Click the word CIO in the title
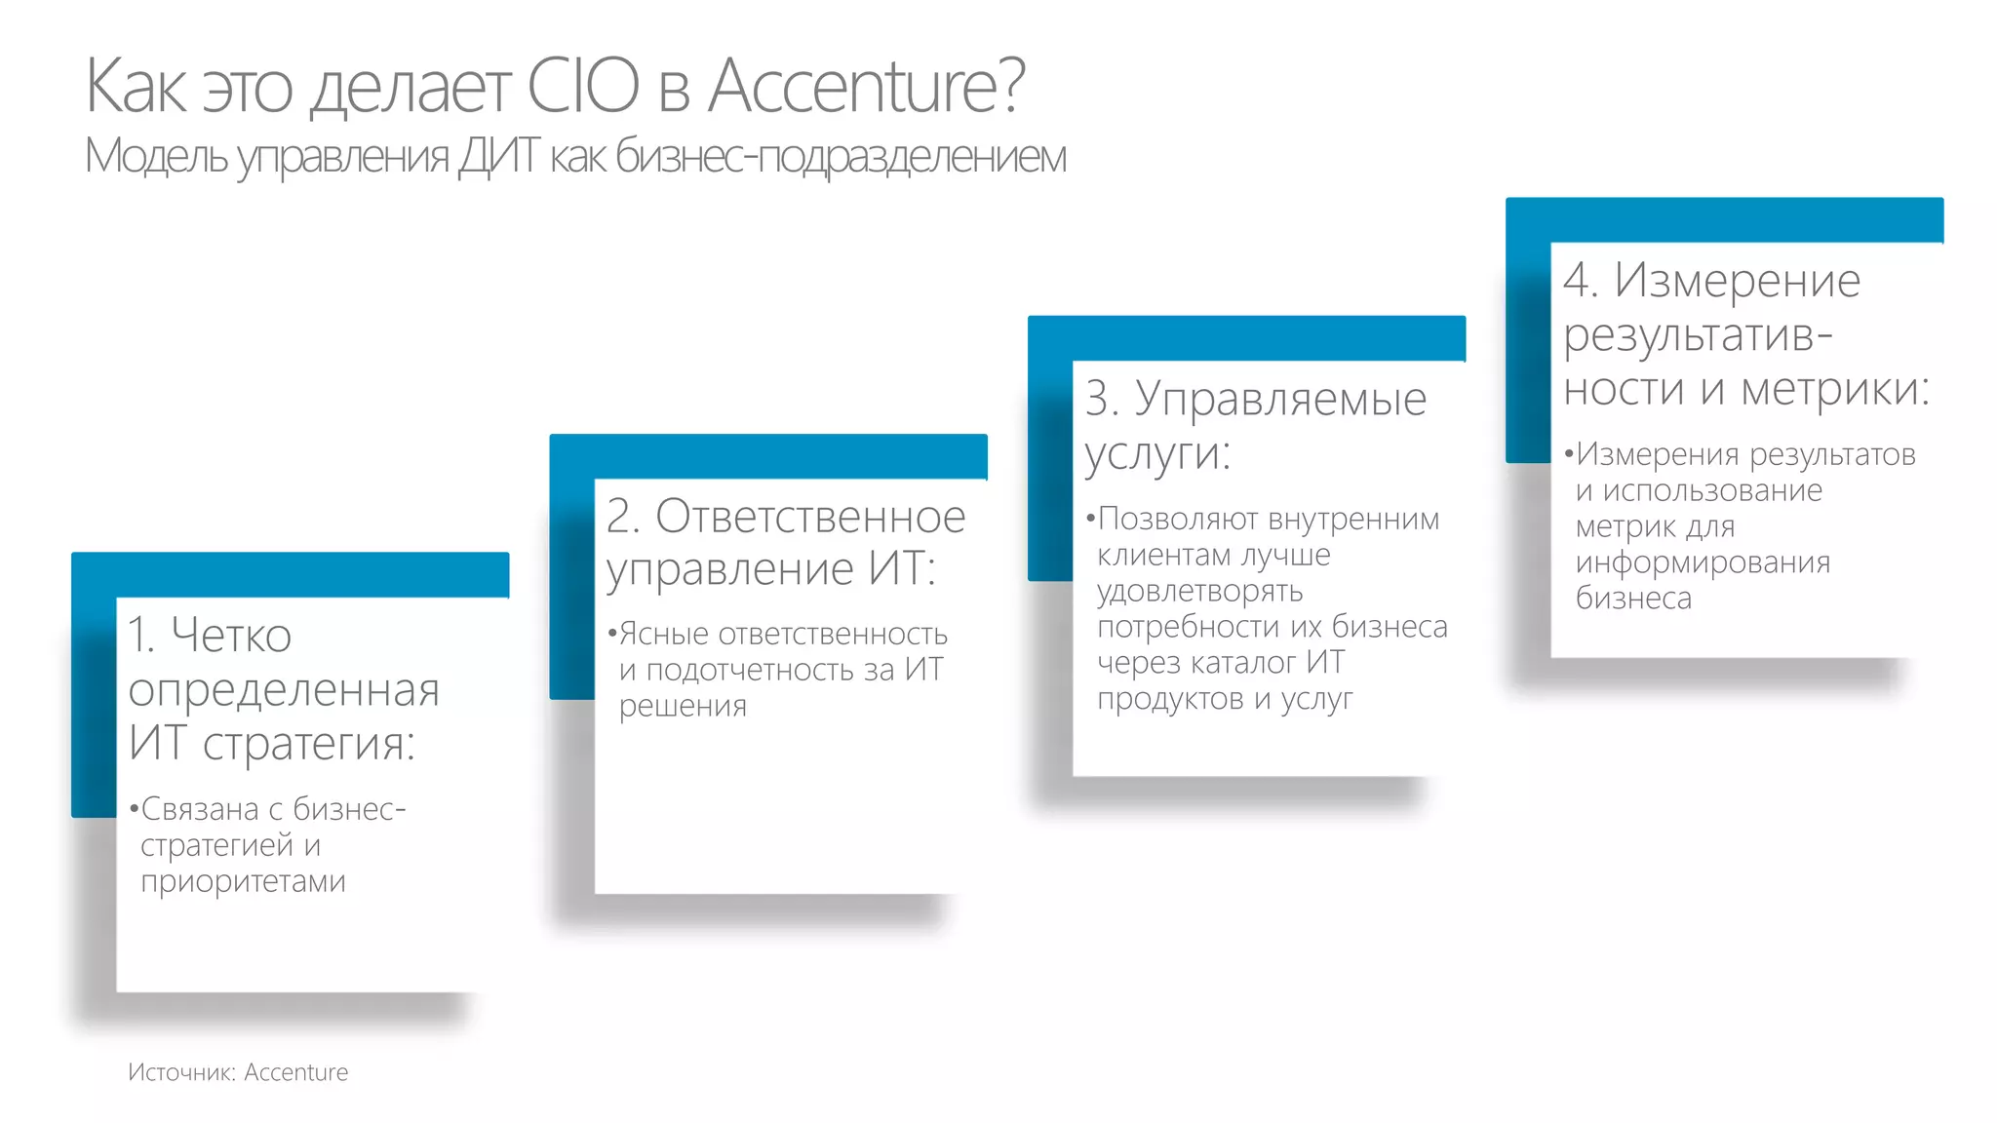click(582, 86)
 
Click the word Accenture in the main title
click(866, 86)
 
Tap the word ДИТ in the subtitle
click(497, 156)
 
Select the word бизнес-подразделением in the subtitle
click(841, 156)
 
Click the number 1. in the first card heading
click(142, 636)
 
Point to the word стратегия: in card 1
click(309, 743)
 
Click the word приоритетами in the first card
click(243, 881)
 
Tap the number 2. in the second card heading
click(622, 517)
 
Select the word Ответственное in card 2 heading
click(810, 517)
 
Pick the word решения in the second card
click(683, 706)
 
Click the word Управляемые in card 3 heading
click(1280, 399)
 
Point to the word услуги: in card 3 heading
click(1157, 453)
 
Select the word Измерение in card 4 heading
click(1738, 281)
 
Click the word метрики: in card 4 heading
click(1835, 389)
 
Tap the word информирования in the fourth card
click(1703, 562)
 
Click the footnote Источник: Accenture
click(238, 1072)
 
